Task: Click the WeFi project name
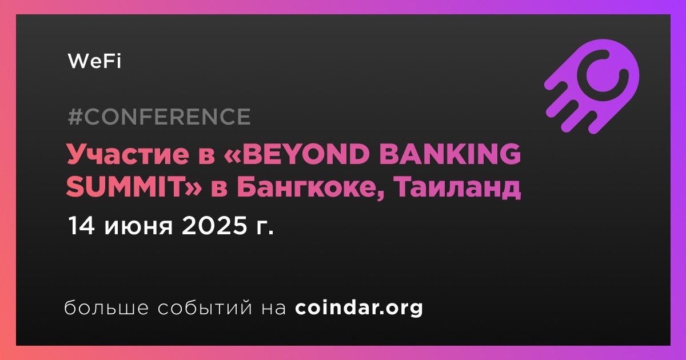(95, 61)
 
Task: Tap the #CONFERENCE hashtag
(159, 117)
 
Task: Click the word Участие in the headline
(128, 154)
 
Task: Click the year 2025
(214, 226)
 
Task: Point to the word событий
(205, 307)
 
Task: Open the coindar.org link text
(359, 308)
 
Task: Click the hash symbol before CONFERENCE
(75, 117)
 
